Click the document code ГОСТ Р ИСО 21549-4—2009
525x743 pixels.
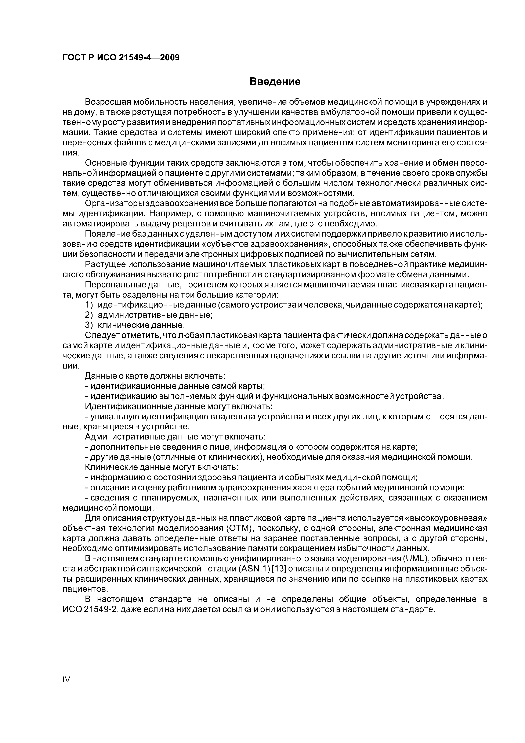(x=121, y=58)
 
